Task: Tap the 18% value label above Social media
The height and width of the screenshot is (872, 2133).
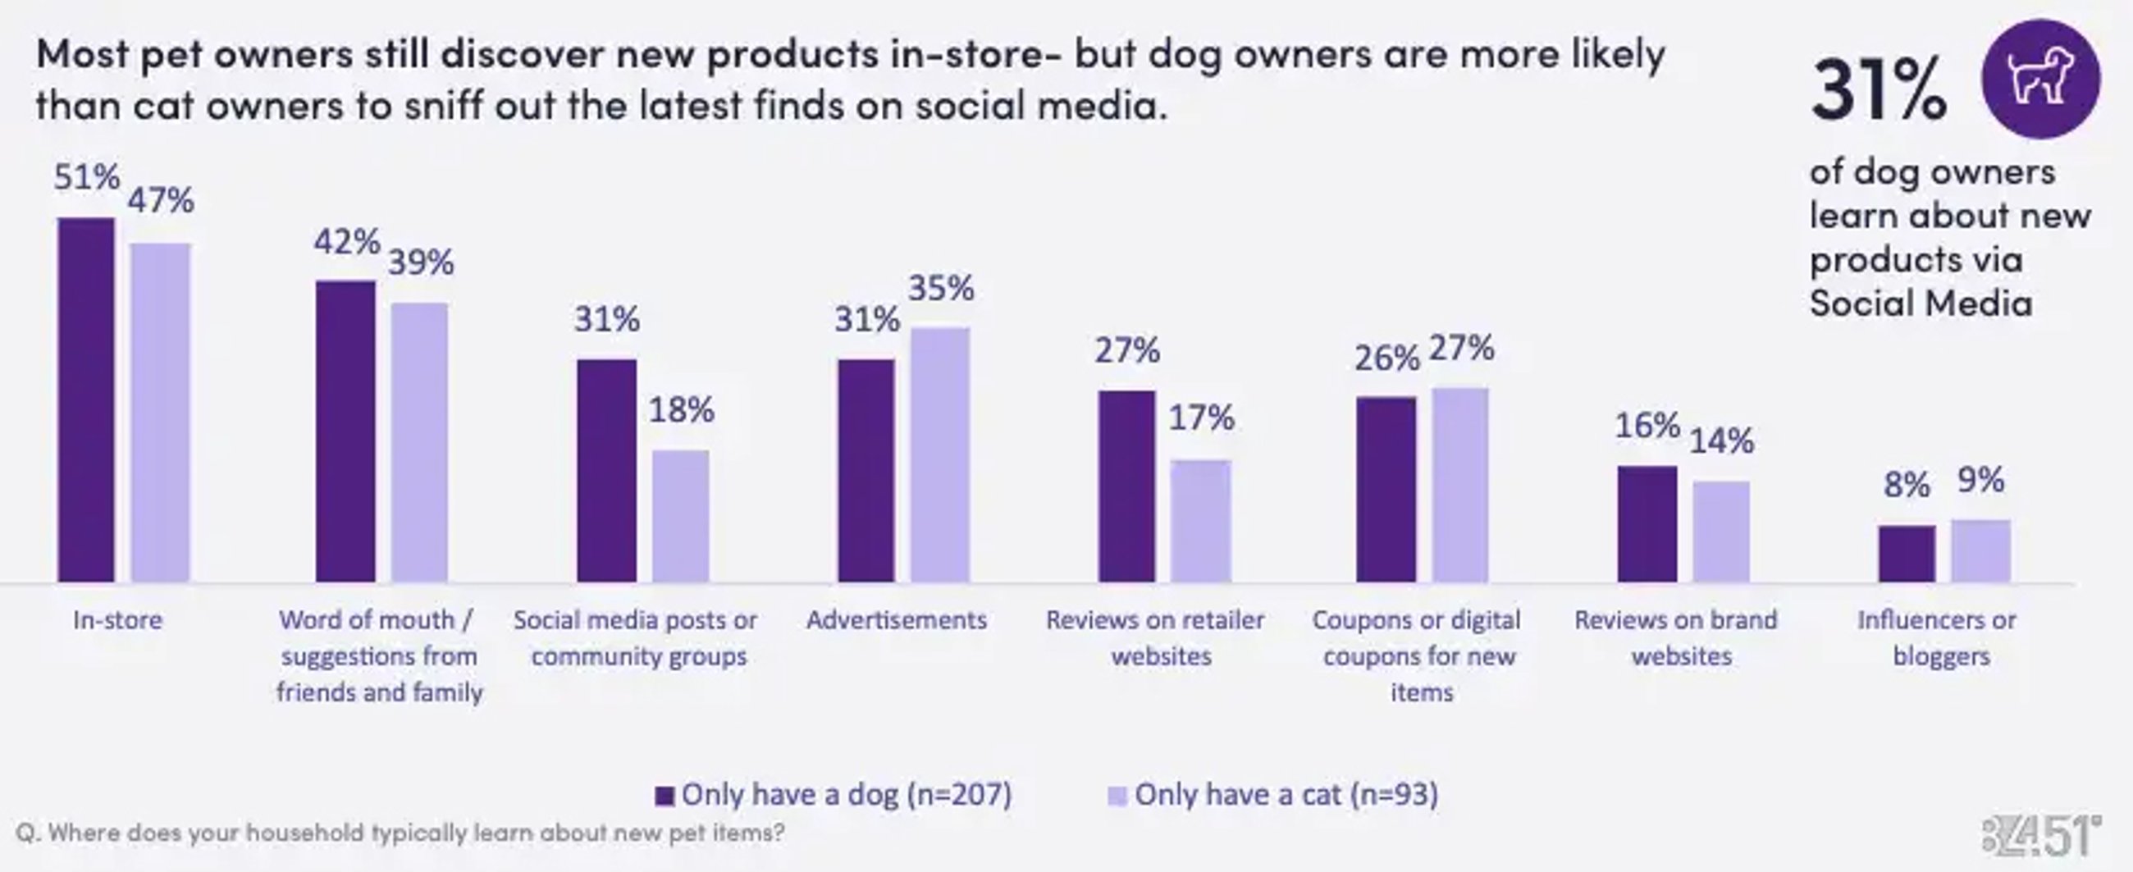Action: point(681,410)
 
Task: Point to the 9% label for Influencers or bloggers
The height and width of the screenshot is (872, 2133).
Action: point(1980,481)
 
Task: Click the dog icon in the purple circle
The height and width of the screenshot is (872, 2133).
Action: point(2040,79)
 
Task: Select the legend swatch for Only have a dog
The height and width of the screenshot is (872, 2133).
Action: point(664,796)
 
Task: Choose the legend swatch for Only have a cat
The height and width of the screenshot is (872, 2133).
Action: point(1117,796)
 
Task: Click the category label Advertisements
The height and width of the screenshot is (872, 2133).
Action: point(897,619)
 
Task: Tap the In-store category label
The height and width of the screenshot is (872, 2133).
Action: point(117,619)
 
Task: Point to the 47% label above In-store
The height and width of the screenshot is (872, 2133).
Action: point(161,200)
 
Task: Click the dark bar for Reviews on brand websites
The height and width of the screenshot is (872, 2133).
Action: point(1647,523)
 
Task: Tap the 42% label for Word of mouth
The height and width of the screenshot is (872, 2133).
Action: point(346,243)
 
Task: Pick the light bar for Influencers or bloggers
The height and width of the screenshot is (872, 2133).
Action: point(1980,550)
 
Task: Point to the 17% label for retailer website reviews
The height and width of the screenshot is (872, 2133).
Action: point(1201,418)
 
